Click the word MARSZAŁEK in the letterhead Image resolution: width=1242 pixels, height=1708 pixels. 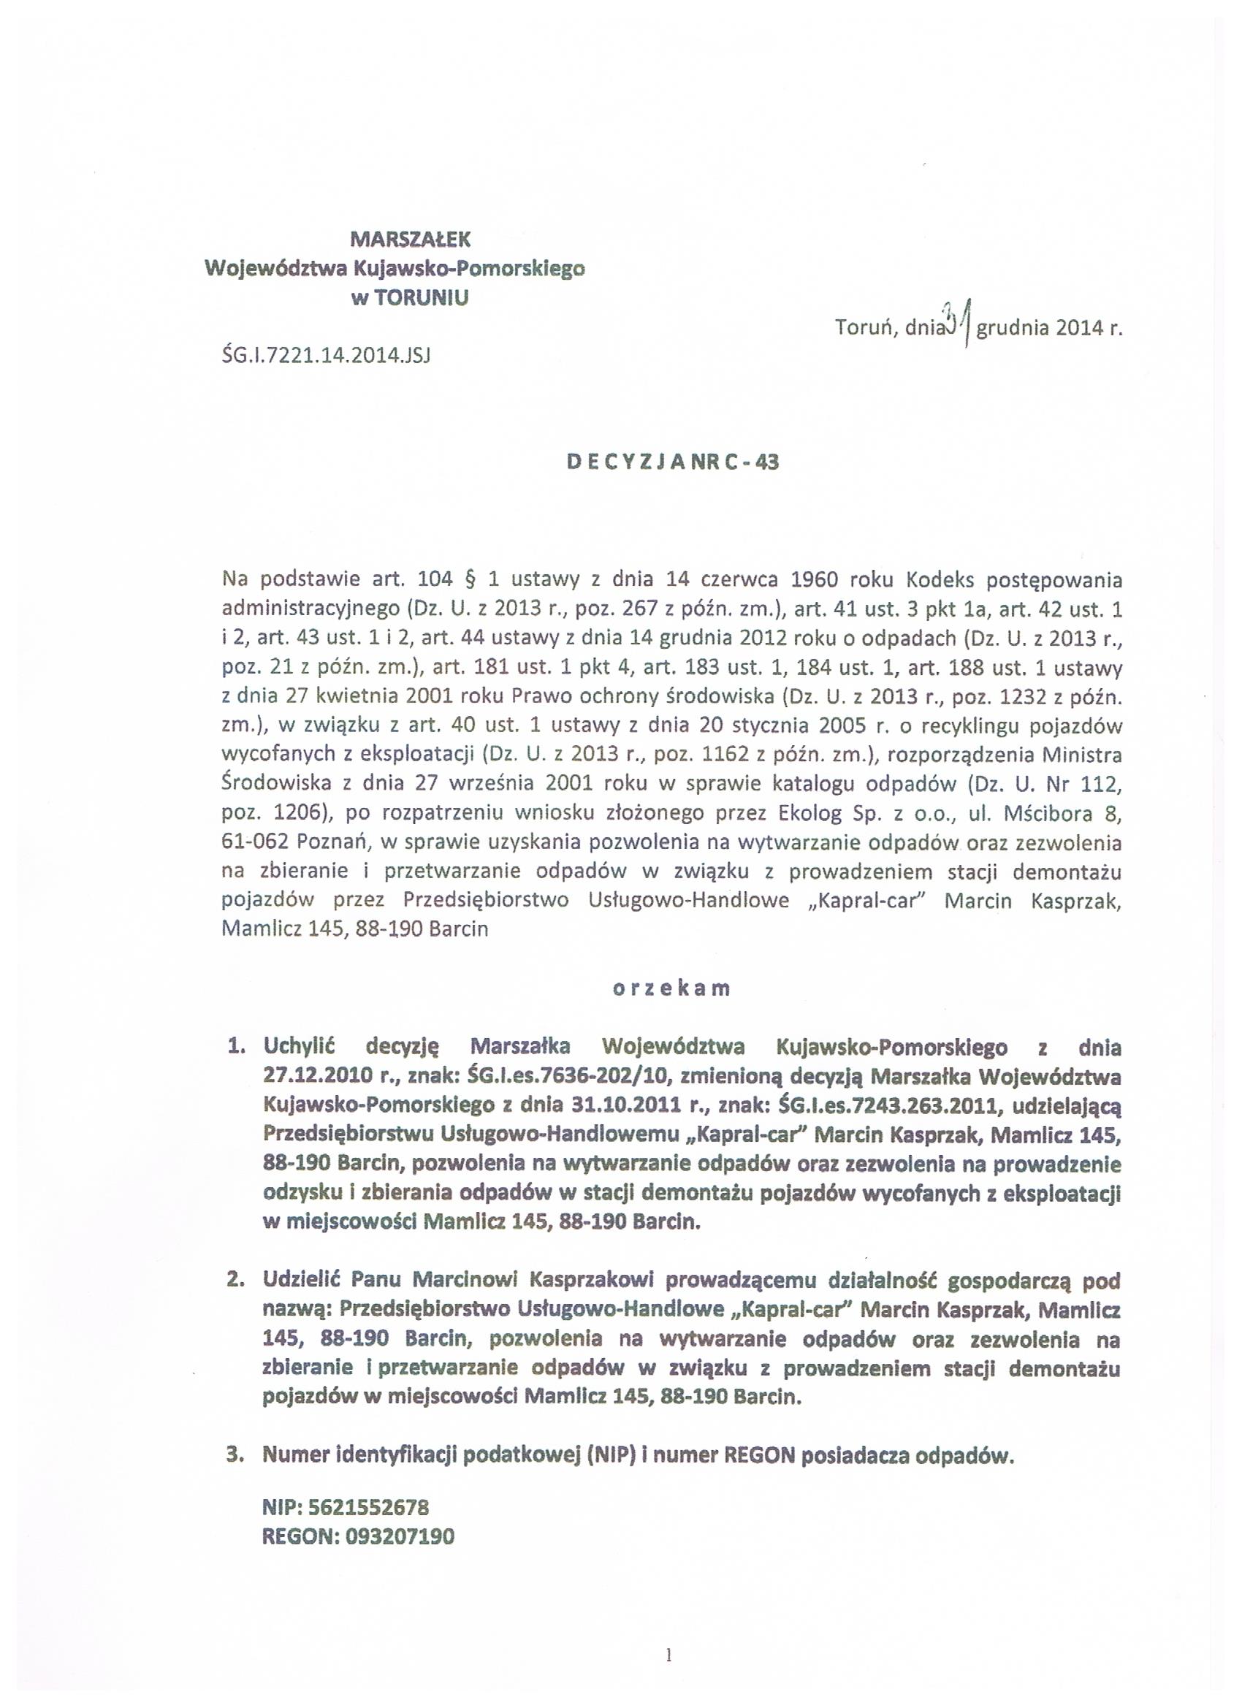pos(411,239)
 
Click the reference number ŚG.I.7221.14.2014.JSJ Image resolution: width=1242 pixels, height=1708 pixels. pos(326,355)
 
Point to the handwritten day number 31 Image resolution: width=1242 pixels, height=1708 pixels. pos(956,321)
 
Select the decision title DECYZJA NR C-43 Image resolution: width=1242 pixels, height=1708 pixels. pos(673,462)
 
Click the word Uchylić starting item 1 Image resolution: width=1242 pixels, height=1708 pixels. pos(299,1048)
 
